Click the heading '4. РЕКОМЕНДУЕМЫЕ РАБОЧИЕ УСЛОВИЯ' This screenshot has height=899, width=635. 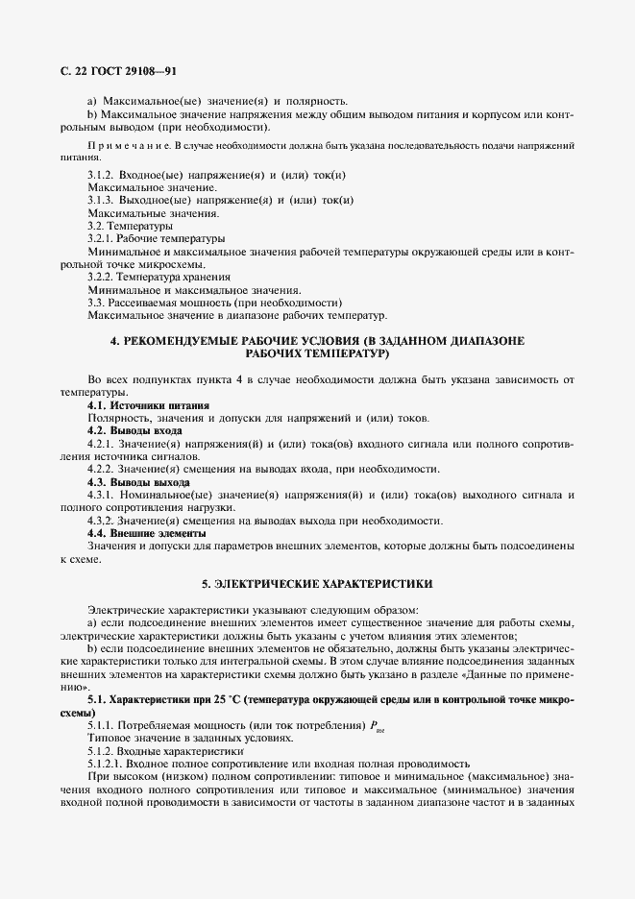316,341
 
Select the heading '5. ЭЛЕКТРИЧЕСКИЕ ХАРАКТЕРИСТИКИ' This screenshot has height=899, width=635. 316,583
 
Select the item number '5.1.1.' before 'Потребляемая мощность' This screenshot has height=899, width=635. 102,724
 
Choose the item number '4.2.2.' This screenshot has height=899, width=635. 102,469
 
